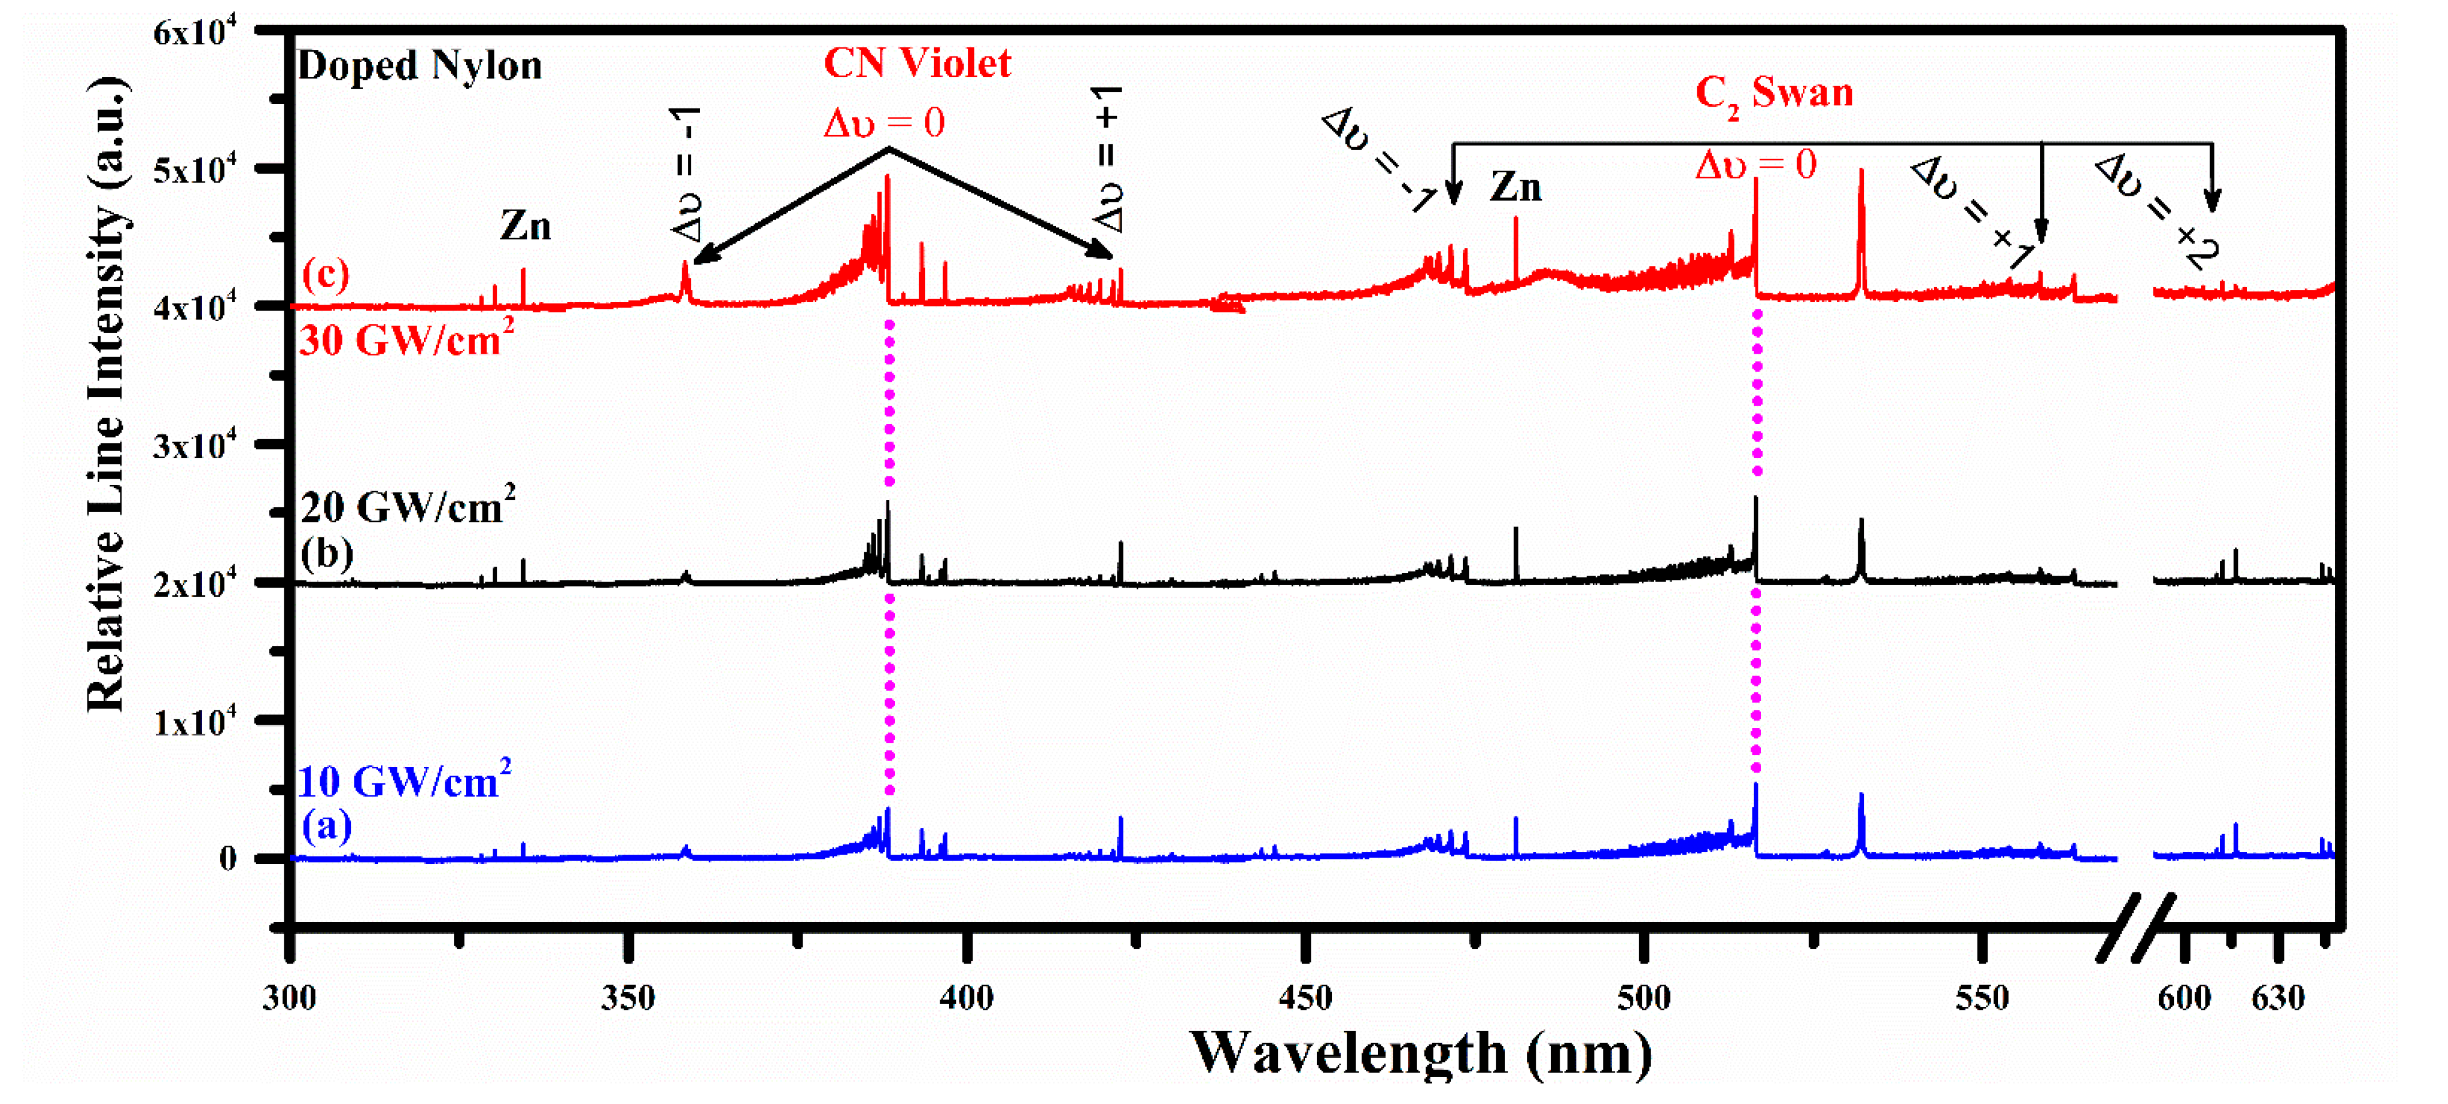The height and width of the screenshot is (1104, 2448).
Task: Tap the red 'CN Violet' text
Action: pos(916,64)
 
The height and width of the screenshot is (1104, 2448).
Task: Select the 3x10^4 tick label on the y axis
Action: pos(194,444)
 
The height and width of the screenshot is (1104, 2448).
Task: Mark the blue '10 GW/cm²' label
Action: pos(404,781)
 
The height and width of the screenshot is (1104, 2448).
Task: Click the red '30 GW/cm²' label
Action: pos(406,339)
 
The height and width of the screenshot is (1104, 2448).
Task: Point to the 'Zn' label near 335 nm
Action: pos(526,226)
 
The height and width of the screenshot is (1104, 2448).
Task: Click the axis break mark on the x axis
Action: pos(2135,927)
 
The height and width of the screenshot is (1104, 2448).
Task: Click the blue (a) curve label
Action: pos(326,826)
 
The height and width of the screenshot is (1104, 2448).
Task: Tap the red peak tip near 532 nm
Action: pos(1861,172)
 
